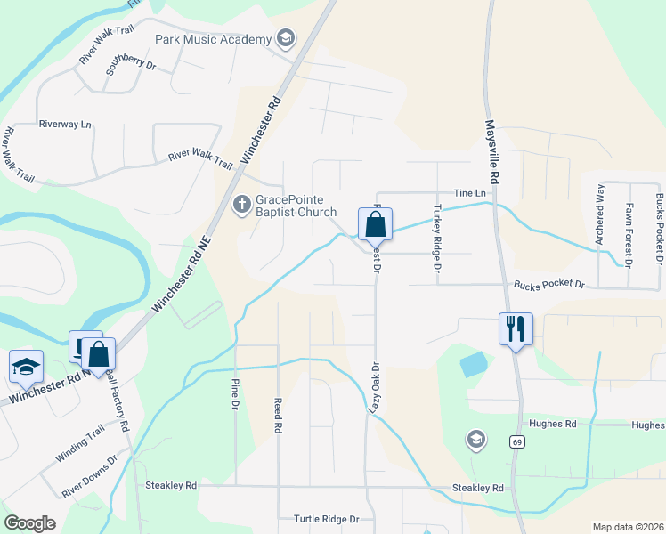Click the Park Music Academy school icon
coord(285,39)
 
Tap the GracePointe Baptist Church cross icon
coord(240,206)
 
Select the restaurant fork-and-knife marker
coord(516,328)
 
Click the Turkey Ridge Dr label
coord(437,232)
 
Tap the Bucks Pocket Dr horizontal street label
coord(548,285)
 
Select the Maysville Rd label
coord(491,152)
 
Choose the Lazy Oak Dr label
coord(376,389)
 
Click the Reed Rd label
coord(278,415)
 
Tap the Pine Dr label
coord(236,392)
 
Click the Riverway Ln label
coord(65,125)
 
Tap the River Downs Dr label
coord(89,478)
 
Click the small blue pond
coord(474,363)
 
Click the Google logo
coord(29,523)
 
